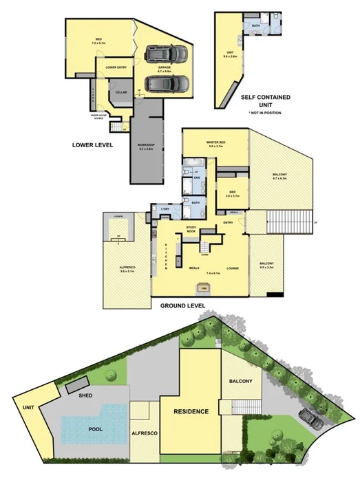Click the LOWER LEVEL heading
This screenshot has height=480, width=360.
(x=93, y=145)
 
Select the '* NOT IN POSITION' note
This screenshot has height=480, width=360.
(x=268, y=111)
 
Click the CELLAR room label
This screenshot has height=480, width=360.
(x=121, y=92)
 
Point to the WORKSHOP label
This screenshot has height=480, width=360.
(x=146, y=146)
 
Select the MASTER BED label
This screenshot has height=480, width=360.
(x=216, y=143)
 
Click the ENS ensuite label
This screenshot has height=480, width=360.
(x=197, y=178)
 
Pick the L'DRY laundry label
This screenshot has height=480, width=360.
(x=165, y=209)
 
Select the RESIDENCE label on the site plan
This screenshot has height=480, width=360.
(x=191, y=411)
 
